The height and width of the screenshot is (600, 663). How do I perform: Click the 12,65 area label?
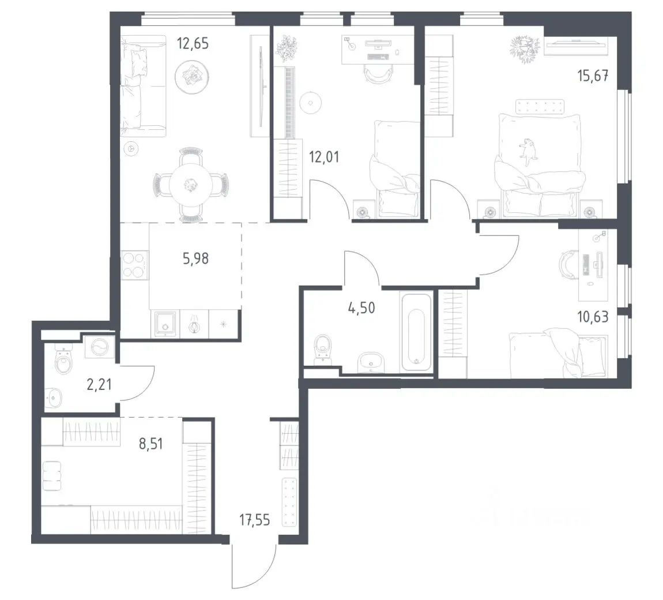[193, 44]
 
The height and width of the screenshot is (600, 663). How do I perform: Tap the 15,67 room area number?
[593, 76]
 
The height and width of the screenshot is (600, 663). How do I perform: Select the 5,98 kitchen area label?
[195, 258]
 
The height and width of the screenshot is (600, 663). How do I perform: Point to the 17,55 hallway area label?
[255, 520]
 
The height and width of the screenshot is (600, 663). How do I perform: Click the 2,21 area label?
[99, 385]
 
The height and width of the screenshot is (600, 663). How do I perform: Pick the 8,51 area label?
[150, 444]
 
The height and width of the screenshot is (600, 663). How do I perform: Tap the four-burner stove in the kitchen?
[135, 265]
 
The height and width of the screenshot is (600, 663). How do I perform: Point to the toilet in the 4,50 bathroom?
[324, 348]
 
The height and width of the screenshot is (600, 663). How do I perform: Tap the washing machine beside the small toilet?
[100, 348]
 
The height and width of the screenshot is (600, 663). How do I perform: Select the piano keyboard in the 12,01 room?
[289, 103]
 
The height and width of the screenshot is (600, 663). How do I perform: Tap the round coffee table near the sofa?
[191, 77]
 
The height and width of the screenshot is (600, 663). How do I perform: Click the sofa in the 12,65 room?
[143, 86]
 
